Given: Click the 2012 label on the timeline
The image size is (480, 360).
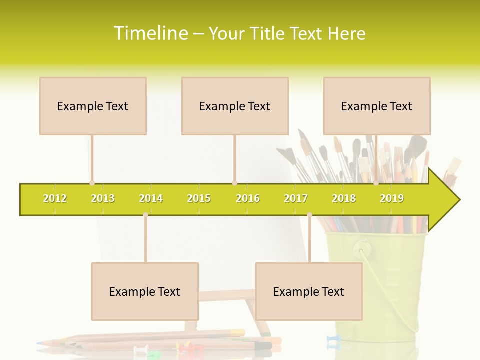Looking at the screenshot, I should pyautogui.click(x=55, y=198).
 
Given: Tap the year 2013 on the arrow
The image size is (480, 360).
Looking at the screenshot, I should pyautogui.click(x=103, y=198).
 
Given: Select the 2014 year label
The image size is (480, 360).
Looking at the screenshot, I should pyautogui.click(x=151, y=198).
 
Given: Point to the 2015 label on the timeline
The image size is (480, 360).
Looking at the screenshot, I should pyautogui.click(x=199, y=198).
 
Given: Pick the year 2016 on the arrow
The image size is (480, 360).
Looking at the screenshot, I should pyautogui.click(x=248, y=198).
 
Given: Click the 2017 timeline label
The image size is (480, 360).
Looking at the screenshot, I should pyautogui.click(x=296, y=198).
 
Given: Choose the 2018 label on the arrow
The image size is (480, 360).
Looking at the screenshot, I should pyautogui.click(x=344, y=198).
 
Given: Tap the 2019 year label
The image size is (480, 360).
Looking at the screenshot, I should pyautogui.click(x=392, y=198).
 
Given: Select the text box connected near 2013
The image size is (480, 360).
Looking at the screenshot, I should pyautogui.click(x=93, y=106).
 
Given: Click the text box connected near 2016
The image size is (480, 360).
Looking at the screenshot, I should pyautogui.click(x=235, y=106).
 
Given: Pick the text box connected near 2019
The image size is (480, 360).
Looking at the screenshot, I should pyautogui.click(x=377, y=106).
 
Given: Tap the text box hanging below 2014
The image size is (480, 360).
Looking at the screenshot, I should pyautogui.click(x=145, y=291).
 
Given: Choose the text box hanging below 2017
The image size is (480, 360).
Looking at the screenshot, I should pyautogui.click(x=309, y=291).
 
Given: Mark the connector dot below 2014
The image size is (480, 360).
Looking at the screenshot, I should pyautogui.click(x=145, y=215).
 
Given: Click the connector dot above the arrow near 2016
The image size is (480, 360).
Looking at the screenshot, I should pyautogui.click(x=234, y=183).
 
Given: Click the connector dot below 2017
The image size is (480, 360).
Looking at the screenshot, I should pyautogui.click(x=309, y=215).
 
